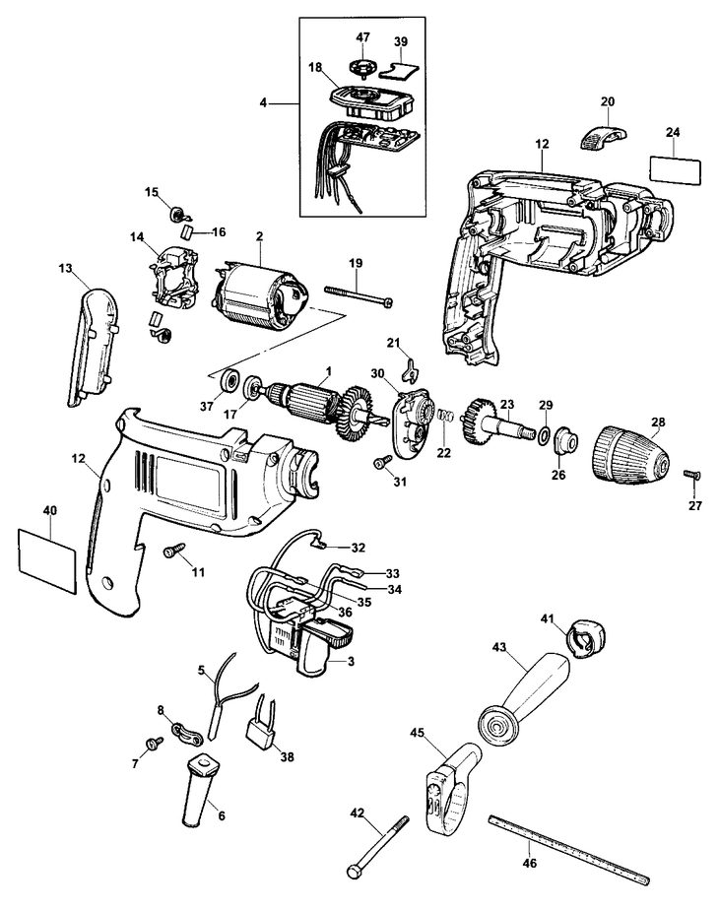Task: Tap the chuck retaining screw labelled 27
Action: pos(692,474)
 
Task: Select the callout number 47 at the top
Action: pos(362,37)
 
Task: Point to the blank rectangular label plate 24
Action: pos(675,170)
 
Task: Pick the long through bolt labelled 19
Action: pos(359,294)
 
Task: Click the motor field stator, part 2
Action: pos(257,293)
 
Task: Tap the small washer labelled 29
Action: pos(545,433)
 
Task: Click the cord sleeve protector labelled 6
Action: pos(200,791)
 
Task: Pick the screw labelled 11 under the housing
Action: pos(173,550)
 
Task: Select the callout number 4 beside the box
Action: pos(263,103)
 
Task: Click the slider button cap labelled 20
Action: pos(603,135)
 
